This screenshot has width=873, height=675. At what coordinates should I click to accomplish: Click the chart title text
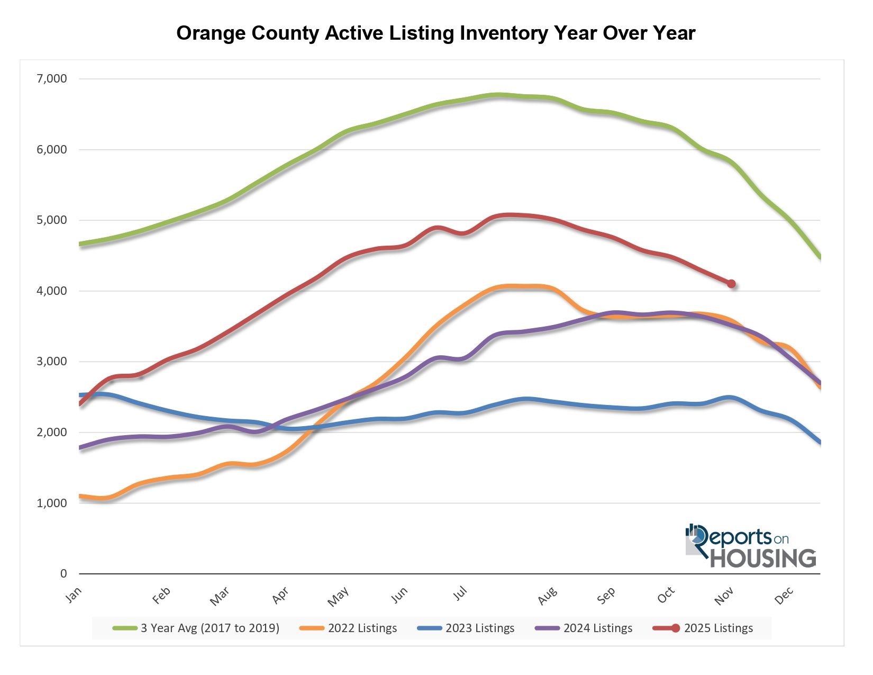pyautogui.click(x=435, y=33)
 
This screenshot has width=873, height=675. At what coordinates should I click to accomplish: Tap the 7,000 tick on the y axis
pyautogui.click(x=51, y=79)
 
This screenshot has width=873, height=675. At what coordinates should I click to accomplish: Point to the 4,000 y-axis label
pyautogui.click(x=51, y=291)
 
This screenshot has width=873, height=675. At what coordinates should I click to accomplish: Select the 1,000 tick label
pyautogui.click(x=51, y=503)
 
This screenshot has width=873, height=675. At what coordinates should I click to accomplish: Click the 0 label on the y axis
pyautogui.click(x=63, y=573)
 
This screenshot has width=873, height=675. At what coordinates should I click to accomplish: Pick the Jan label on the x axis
pyautogui.click(x=74, y=595)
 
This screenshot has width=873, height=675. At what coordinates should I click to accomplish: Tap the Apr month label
pyautogui.click(x=280, y=595)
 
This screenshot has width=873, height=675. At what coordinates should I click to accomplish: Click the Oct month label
pyautogui.click(x=666, y=595)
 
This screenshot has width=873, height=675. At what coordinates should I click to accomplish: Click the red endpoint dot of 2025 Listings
pyautogui.click(x=731, y=284)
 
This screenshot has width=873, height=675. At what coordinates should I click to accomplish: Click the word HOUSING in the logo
pyautogui.click(x=762, y=559)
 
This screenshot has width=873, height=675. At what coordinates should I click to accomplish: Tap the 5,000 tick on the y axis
pyautogui.click(x=51, y=220)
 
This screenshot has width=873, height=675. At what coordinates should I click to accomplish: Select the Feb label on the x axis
pyautogui.click(x=161, y=596)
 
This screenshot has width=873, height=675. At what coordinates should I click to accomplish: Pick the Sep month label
pyautogui.click(x=606, y=596)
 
